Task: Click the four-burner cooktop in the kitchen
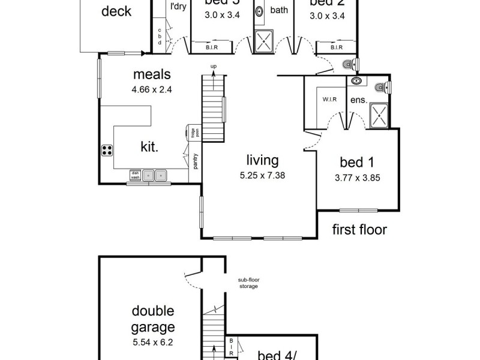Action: [107, 151]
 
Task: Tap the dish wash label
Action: [135, 175]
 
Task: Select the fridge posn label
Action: [194, 133]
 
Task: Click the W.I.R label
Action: [328, 100]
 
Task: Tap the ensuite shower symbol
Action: [379, 115]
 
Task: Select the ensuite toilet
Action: [380, 88]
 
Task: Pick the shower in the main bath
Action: [265, 41]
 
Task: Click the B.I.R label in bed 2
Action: [336, 47]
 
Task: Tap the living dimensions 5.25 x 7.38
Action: [262, 176]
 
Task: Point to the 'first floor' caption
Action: [360, 229]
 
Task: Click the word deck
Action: [116, 11]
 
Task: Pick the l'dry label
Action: [178, 7]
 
